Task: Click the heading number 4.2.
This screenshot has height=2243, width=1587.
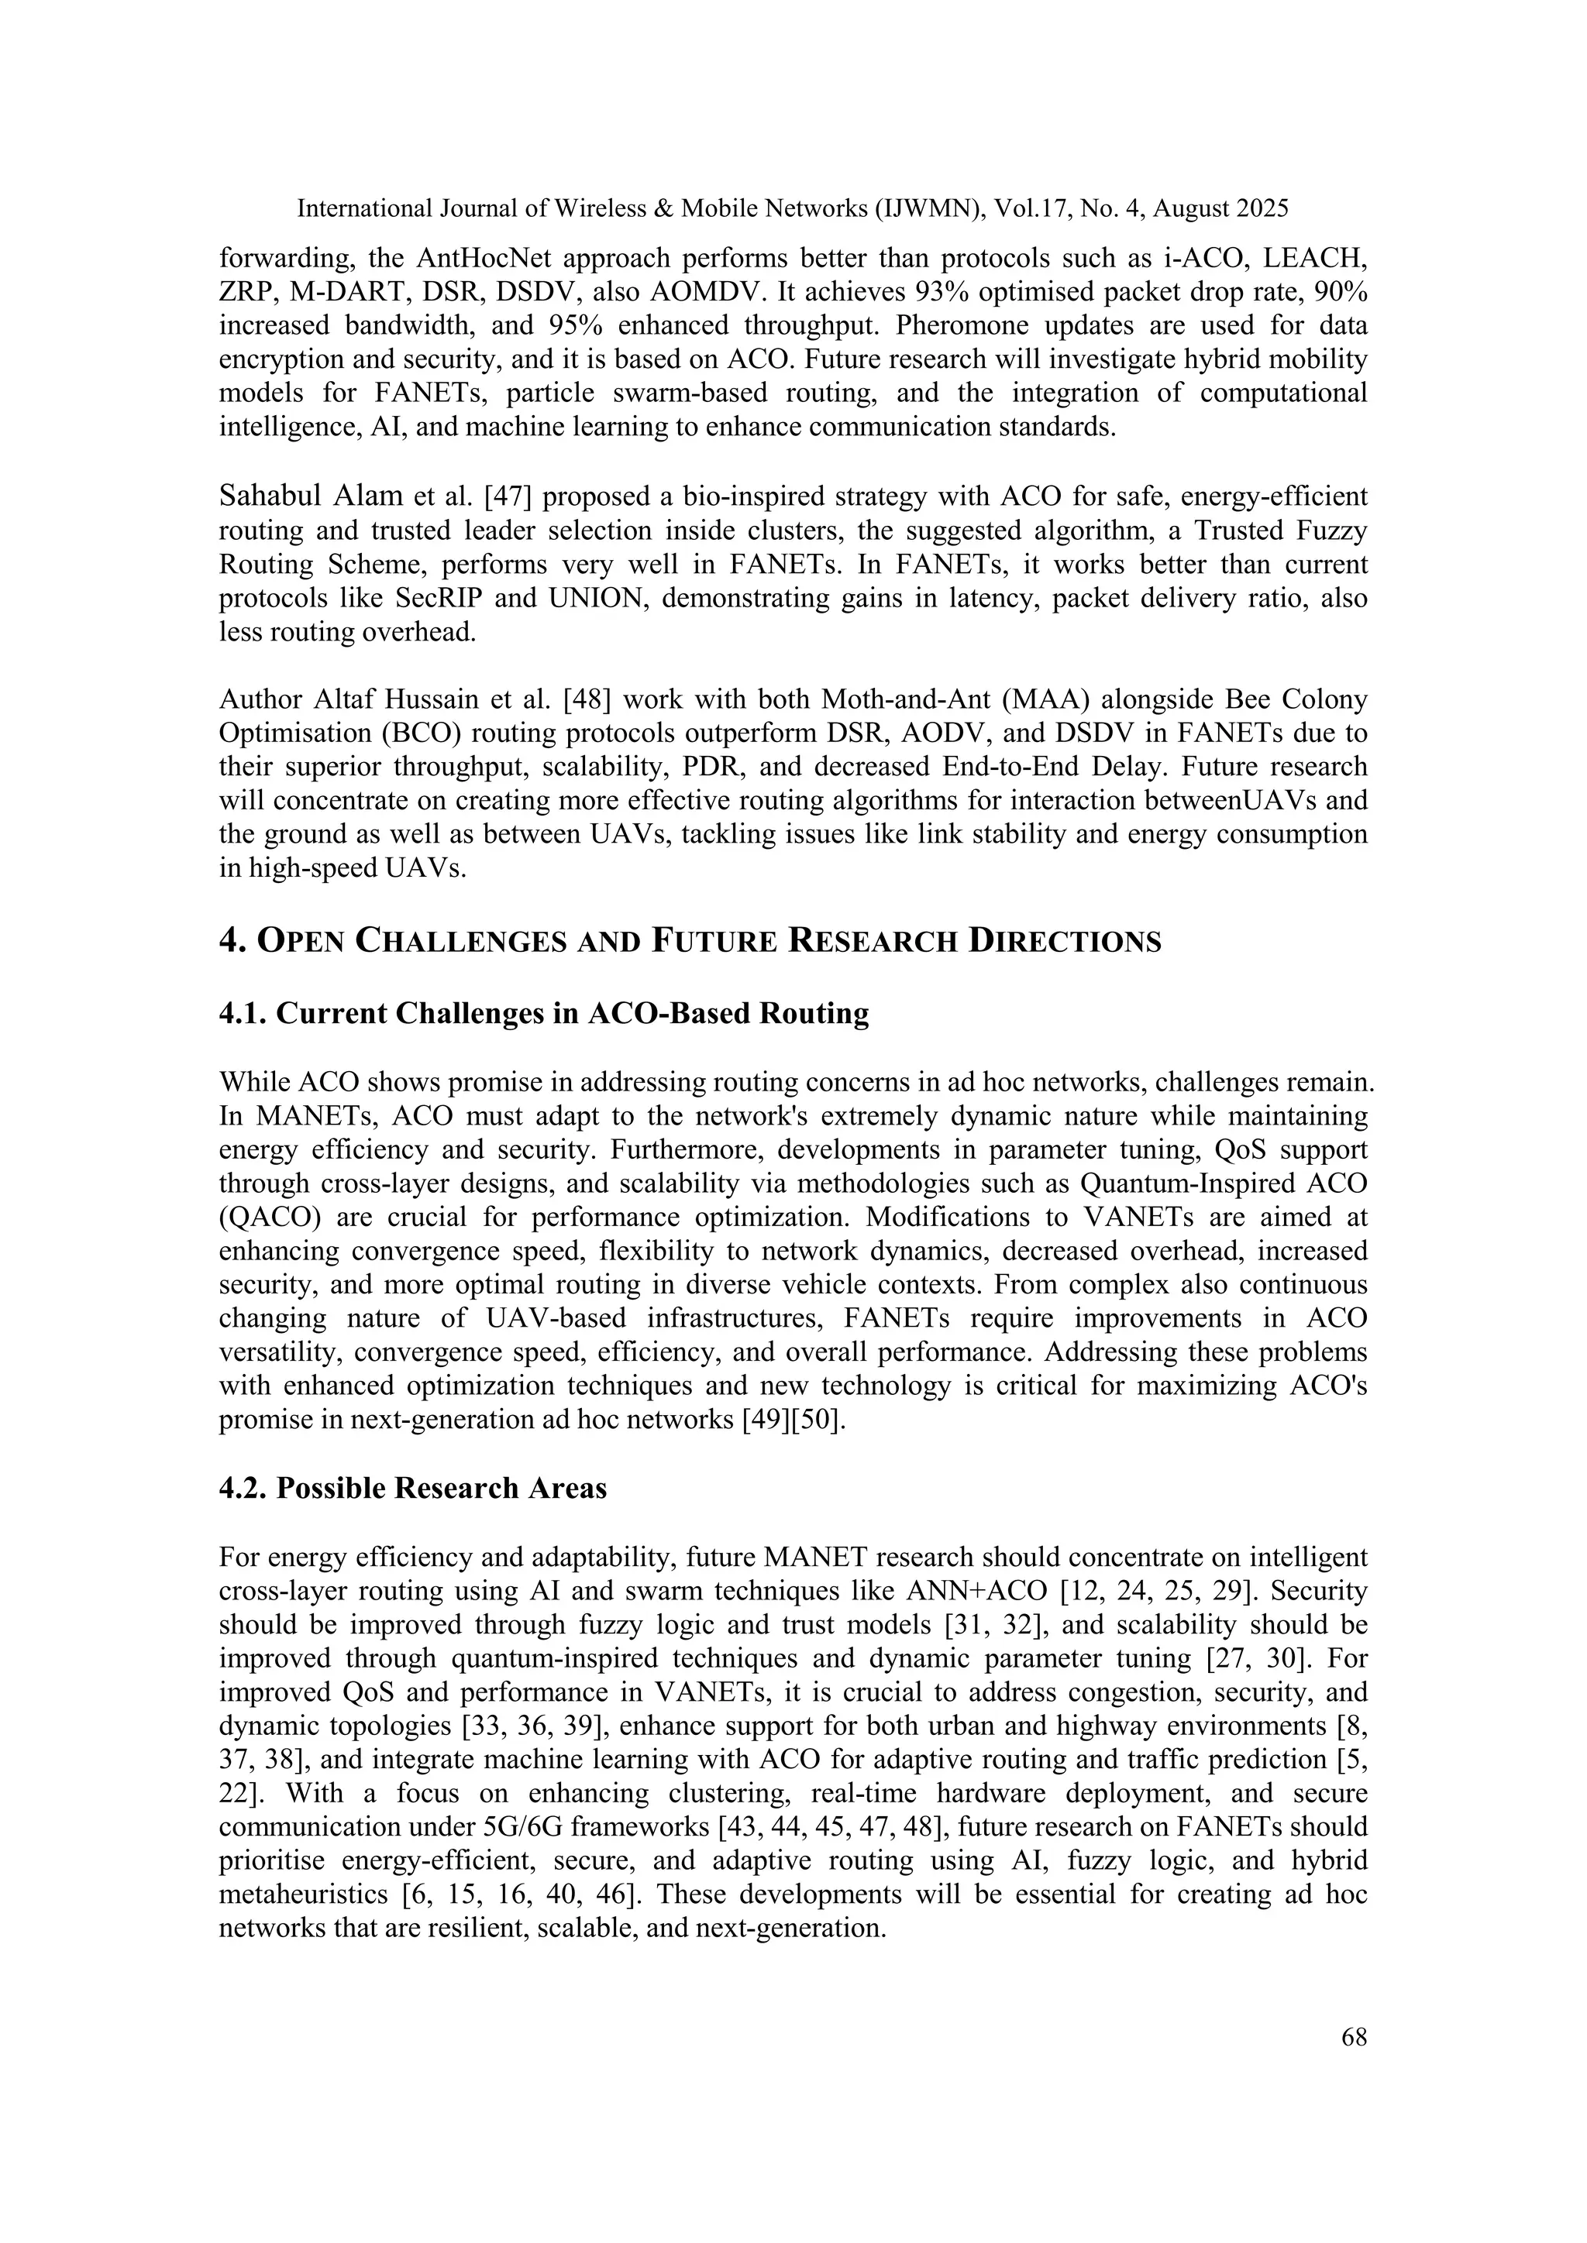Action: pyautogui.click(x=243, y=1488)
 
